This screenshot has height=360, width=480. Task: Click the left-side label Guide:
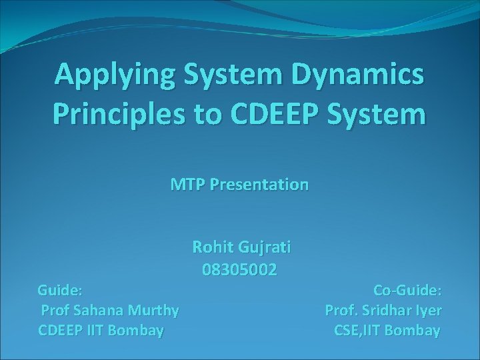click(x=61, y=290)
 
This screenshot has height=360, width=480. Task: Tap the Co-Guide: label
click(x=407, y=290)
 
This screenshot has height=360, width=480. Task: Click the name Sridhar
click(x=389, y=310)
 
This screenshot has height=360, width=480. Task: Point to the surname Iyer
click(x=429, y=310)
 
